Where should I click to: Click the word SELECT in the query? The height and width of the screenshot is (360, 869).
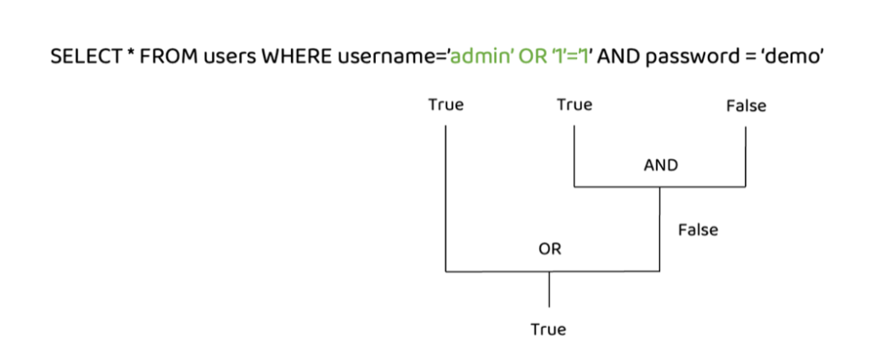pyautogui.click(x=83, y=58)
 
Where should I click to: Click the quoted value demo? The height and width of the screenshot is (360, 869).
pyautogui.click(x=794, y=58)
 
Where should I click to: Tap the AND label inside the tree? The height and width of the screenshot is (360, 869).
pyautogui.click(x=661, y=166)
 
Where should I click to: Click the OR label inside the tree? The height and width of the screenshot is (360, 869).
pyautogui.click(x=550, y=250)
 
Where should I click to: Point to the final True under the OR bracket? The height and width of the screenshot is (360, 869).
pyautogui.click(x=549, y=329)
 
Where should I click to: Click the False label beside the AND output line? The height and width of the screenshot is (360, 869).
pyautogui.click(x=698, y=229)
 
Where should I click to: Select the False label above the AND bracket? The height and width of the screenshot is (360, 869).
pyautogui.click(x=746, y=106)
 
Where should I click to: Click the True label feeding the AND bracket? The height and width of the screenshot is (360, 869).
pyautogui.click(x=575, y=104)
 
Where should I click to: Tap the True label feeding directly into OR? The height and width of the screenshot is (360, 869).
pyautogui.click(x=446, y=104)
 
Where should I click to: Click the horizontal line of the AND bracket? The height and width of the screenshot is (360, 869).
pyautogui.click(x=659, y=187)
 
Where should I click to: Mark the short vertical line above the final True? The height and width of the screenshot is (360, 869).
pyautogui.click(x=549, y=289)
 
